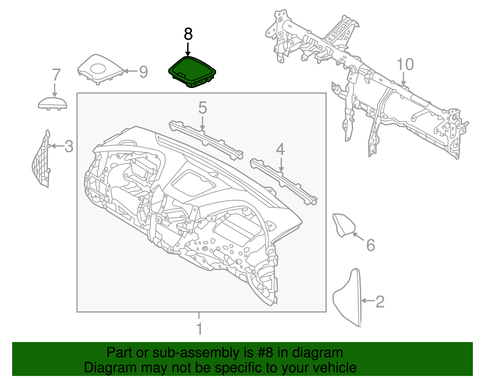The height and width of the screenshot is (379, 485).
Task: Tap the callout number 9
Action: click(143, 72)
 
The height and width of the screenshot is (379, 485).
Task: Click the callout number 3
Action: click(69, 147)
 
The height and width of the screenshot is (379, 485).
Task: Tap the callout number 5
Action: click(202, 108)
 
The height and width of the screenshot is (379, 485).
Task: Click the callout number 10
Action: click(405, 65)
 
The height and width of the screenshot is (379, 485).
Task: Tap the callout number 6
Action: click(370, 245)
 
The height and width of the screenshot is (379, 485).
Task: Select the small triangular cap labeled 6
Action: click(344, 225)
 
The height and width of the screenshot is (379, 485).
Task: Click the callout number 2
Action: click(380, 302)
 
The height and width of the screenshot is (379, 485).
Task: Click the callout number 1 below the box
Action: click(199, 329)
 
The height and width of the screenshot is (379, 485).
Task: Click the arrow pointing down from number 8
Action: click(188, 50)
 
